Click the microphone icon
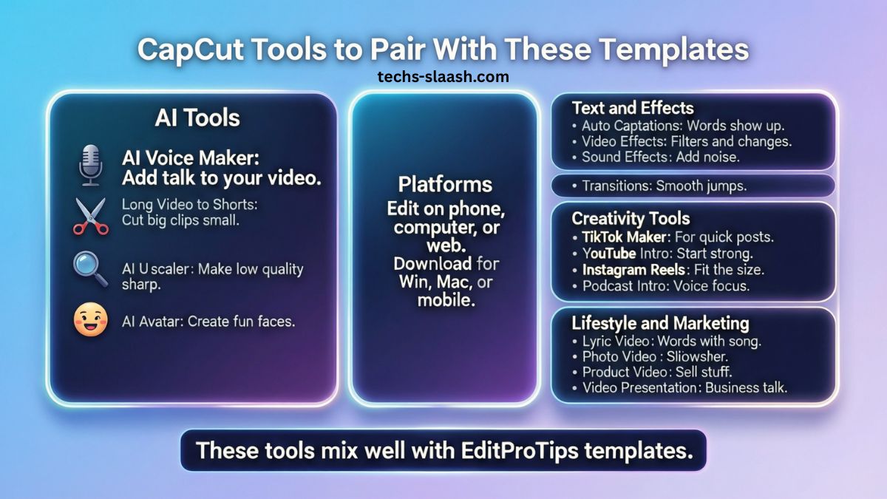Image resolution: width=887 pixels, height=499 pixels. pyautogui.click(x=89, y=165)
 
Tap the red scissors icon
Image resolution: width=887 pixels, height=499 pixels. pyautogui.click(x=89, y=216)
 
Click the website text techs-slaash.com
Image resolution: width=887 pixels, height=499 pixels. pyautogui.click(x=443, y=76)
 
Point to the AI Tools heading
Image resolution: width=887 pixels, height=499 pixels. pyautogui.click(x=197, y=118)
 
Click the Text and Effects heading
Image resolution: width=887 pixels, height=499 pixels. pyautogui.click(x=632, y=108)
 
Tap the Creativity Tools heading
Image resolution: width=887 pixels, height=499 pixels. pyautogui.click(x=631, y=218)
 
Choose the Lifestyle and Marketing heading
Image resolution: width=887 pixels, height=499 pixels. pyautogui.click(x=660, y=323)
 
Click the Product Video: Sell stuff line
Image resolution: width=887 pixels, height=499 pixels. pyautogui.click(x=651, y=372)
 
